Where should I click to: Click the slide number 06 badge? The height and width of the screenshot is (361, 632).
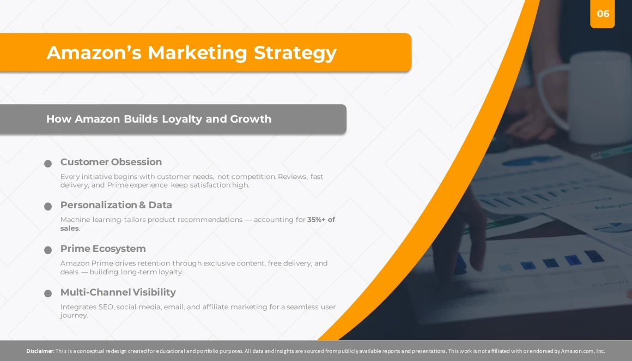pos(602,14)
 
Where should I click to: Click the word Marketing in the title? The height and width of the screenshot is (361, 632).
pos(197,52)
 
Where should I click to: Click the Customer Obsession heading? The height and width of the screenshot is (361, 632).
pos(111,162)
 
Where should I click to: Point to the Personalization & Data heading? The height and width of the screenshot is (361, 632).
pos(116,205)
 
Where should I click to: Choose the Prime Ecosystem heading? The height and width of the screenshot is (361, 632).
pos(103,249)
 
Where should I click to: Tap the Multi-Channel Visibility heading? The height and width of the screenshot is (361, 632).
pos(118,292)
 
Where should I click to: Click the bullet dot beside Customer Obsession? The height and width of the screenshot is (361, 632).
pos(48,164)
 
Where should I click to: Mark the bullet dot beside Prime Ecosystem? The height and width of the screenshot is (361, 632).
pos(48,250)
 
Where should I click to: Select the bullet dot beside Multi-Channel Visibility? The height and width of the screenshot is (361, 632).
pos(48,293)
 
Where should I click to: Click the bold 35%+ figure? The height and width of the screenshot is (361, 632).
pos(317,219)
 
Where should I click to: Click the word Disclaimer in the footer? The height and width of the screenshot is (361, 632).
pos(40,351)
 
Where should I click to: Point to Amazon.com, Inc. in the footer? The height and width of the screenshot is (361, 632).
pos(583,351)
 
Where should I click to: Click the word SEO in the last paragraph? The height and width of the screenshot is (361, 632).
pos(106,307)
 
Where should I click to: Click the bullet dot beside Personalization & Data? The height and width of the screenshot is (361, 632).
pos(48,207)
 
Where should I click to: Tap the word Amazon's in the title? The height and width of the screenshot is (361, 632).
pos(94,52)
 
